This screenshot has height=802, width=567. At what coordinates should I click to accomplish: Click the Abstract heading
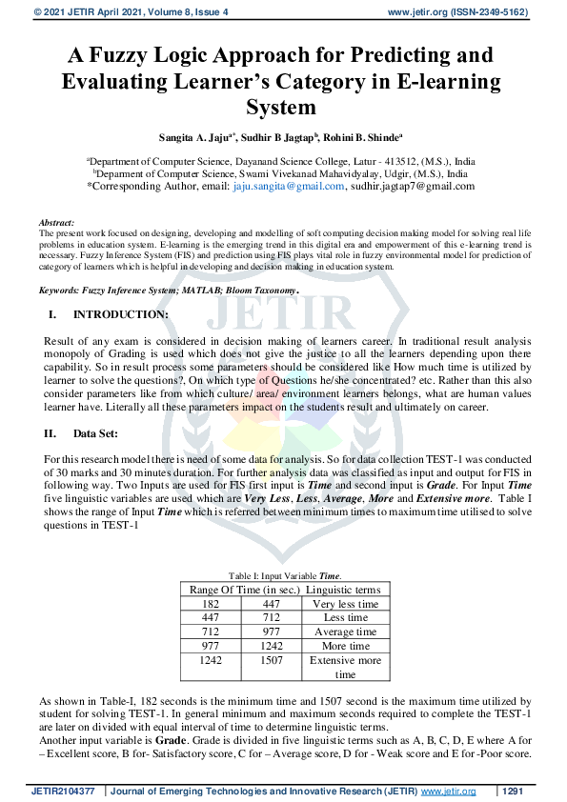click(x=58, y=221)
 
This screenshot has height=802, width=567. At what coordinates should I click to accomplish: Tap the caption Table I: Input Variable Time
click(x=285, y=575)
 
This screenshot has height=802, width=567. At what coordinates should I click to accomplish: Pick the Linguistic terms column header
click(x=346, y=590)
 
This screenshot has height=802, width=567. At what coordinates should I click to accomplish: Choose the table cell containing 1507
click(x=271, y=660)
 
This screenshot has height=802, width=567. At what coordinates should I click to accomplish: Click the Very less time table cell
click(x=345, y=604)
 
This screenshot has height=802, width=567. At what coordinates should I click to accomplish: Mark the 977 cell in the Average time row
click(x=271, y=632)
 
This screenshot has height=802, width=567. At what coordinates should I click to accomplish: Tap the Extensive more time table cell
click(x=345, y=667)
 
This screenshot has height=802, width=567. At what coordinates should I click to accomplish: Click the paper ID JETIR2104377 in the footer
click(x=63, y=792)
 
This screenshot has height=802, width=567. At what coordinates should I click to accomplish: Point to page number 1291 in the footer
click(x=513, y=792)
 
